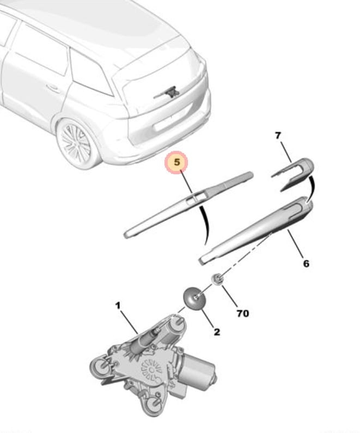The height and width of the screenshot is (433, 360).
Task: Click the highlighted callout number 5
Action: [x=177, y=162]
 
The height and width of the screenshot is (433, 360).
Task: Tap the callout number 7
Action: [x=278, y=135]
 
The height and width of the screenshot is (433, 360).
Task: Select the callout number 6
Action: [x=306, y=264]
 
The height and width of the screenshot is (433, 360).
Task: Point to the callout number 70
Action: [x=243, y=313]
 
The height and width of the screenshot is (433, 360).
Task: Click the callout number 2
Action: [x=217, y=332]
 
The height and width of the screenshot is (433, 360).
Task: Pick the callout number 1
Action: [x=118, y=306]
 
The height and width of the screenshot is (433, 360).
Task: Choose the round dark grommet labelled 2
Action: [x=194, y=298]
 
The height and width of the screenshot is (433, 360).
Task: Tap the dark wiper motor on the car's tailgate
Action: [x=169, y=93]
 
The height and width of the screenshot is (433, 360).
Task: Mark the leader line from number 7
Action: [x=286, y=152]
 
